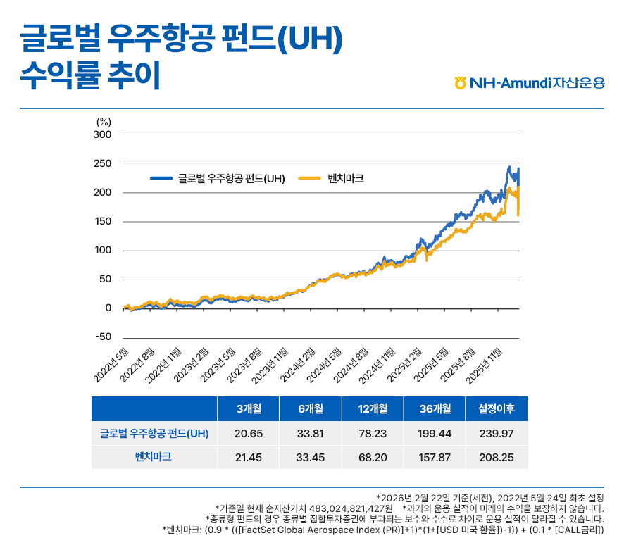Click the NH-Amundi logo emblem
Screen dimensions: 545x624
[x=461, y=83]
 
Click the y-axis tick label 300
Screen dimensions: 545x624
[x=102, y=134]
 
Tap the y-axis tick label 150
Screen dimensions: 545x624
[x=102, y=221]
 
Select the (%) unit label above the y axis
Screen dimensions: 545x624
[x=104, y=121]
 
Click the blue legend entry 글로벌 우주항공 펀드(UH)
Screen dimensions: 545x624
[x=218, y=178]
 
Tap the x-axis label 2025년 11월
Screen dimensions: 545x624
[x=488, y=365]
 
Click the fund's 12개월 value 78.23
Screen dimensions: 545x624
[x=372, y=433]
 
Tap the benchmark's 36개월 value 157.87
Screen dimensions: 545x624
[x=435, y=457]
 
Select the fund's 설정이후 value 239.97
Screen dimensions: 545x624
[x=497, y=433]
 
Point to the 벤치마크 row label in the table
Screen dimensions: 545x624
[x=154, y=457]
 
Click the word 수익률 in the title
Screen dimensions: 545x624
[x=54, y=75]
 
